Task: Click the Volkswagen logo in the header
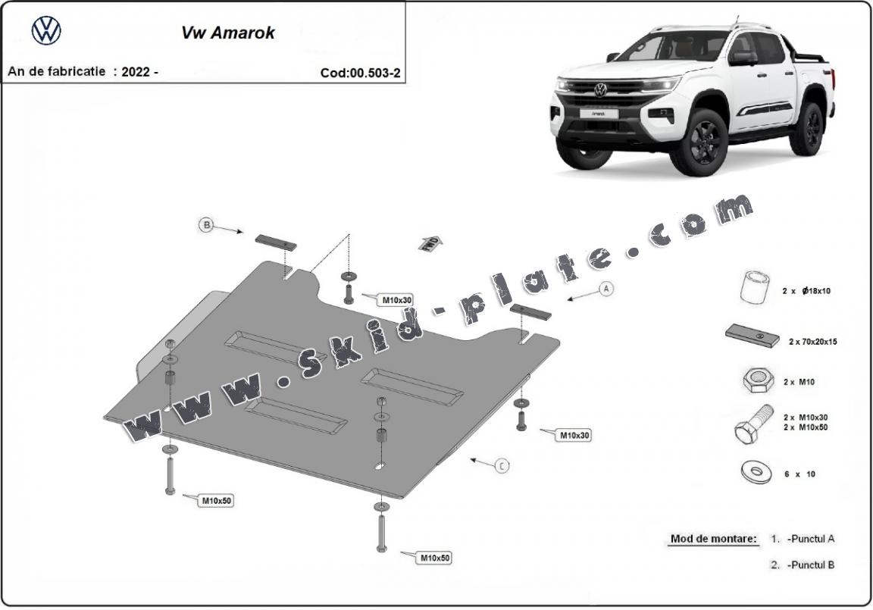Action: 46,31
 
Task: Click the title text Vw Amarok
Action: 227,33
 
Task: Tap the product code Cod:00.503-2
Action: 361,74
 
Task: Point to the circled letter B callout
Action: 205,224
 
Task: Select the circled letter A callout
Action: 605,288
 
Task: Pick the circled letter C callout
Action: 501,466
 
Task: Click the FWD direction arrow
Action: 430,243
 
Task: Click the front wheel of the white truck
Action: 699,142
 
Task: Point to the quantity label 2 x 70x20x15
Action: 812,342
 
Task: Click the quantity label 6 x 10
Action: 799,474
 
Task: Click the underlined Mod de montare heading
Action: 713,539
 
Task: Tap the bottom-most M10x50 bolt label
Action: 435,558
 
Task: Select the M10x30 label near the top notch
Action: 396,300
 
